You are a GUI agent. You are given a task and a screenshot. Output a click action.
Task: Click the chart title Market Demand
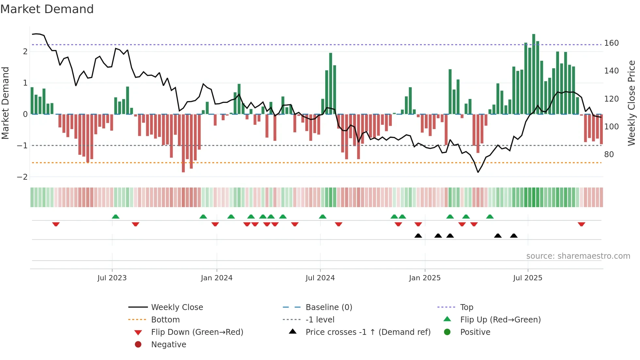47,9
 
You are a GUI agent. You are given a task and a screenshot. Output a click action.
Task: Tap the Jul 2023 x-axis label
112,278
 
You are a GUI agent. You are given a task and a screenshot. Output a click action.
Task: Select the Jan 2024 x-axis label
216,278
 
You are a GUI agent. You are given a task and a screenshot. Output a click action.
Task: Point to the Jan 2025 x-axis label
424,278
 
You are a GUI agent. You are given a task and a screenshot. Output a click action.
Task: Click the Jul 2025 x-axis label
527,278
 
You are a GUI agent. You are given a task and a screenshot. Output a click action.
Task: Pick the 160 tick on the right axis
611,43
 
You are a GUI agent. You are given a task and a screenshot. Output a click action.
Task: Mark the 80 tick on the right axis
609,155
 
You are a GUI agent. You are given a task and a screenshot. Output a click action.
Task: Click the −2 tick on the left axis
22,177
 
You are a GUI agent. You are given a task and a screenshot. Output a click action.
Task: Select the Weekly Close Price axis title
632,103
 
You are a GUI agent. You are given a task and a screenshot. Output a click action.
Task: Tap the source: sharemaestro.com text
578,256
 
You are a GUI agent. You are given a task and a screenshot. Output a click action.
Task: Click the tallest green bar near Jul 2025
534,74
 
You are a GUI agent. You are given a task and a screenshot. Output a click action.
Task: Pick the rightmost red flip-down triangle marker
581,224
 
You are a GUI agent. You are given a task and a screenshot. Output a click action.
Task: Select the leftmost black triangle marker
418,236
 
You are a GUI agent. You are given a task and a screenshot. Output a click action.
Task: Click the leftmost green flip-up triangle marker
116,217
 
